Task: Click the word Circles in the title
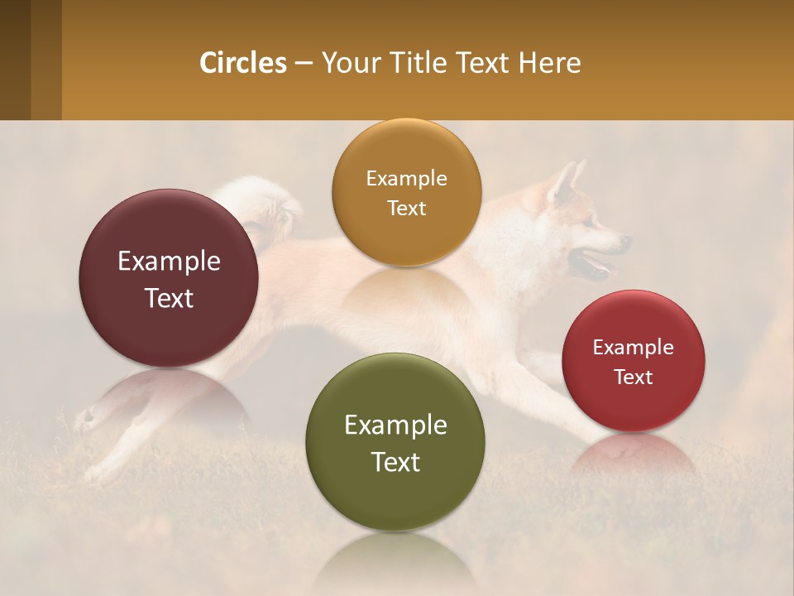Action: click(x=243, y=63)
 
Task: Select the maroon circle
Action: click(x=169, y=278)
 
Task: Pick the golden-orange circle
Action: click(x=406, y=192)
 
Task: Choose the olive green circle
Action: click(x=395, y=443)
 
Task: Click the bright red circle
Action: click(x=633, y=361)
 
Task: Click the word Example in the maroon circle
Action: click(x=169, y=262)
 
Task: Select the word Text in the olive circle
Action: click(x=395, y=462)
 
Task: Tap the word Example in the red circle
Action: click(x=633, y=348)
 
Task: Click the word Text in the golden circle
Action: click(x=406, y=208)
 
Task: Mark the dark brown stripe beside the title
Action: click(x=15, y=60)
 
